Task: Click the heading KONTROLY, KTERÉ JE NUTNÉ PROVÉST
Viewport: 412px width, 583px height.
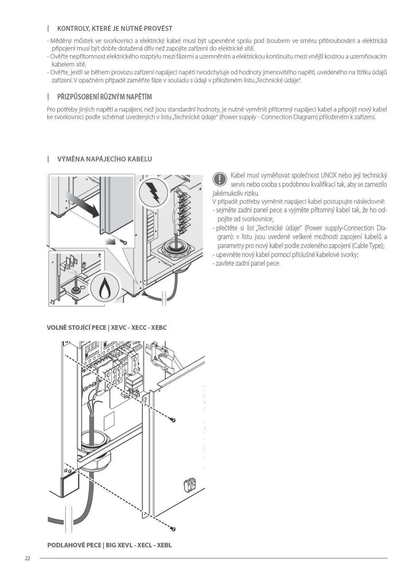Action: coord(115,29)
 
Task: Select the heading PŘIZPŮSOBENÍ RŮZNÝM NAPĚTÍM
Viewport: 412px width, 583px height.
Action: coord(104,97)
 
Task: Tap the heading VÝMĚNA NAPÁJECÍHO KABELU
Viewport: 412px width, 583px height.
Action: coord(104,159)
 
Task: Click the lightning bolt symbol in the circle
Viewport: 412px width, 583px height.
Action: coord(153,192)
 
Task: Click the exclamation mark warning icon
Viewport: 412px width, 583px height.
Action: coord(219,179)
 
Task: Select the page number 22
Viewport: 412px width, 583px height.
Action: coord(28,558)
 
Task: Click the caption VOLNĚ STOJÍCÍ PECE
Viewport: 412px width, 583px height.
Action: coord(76,328)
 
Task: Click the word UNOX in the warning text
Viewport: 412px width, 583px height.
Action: coord(329,176)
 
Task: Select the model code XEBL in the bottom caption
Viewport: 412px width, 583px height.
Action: coord(164,545)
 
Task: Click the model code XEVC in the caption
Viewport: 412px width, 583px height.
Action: coord(119,328)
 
